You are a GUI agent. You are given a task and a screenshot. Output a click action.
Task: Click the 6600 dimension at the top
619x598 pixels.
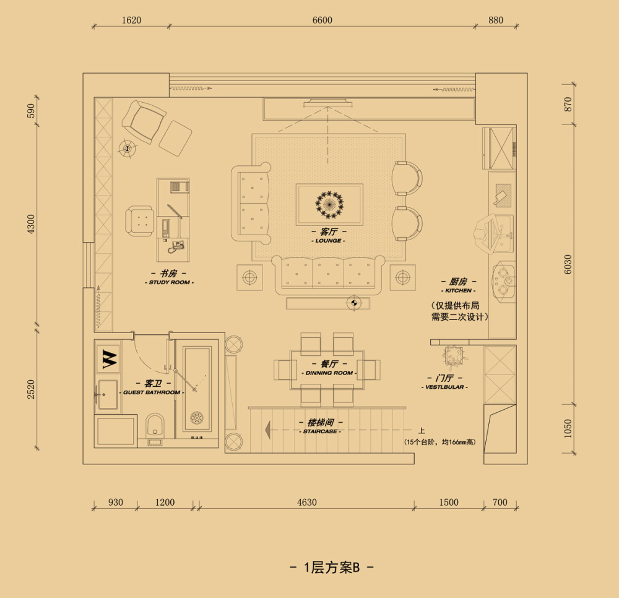(322, 20)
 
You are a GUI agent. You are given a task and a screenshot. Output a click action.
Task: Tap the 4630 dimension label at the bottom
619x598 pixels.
(307, 503)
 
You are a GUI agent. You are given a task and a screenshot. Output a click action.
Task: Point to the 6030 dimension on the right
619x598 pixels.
(568, 264)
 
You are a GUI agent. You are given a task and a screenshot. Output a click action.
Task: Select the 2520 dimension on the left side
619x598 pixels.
(31, 389)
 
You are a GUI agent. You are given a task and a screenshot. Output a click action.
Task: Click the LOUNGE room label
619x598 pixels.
(329, 241)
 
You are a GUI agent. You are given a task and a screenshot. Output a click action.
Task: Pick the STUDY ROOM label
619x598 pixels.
(170, 283)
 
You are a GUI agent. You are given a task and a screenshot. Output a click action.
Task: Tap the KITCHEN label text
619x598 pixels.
(458, 290)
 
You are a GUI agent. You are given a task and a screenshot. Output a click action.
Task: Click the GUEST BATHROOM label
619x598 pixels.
(152, 392)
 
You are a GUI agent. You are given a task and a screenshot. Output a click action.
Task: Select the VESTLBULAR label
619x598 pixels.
(444, 388)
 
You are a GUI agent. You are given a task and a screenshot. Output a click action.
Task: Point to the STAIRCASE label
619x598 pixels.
(320, 431)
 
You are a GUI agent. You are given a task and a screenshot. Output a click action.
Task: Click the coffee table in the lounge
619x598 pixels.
(330, 204)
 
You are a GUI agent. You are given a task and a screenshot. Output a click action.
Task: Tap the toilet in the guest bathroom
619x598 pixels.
(155, 427)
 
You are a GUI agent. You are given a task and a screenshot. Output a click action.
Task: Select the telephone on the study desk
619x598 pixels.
(175, 247)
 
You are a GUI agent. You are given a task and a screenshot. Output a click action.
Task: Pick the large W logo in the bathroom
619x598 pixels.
(110, 359)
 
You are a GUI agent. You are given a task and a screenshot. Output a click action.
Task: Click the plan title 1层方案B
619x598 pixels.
(332, 568)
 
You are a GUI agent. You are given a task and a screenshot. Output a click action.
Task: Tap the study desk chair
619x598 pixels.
(139, 221)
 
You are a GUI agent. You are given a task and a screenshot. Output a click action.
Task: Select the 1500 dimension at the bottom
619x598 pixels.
(449, 503)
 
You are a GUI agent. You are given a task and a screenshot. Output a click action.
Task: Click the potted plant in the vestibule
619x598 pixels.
(453, 356)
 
